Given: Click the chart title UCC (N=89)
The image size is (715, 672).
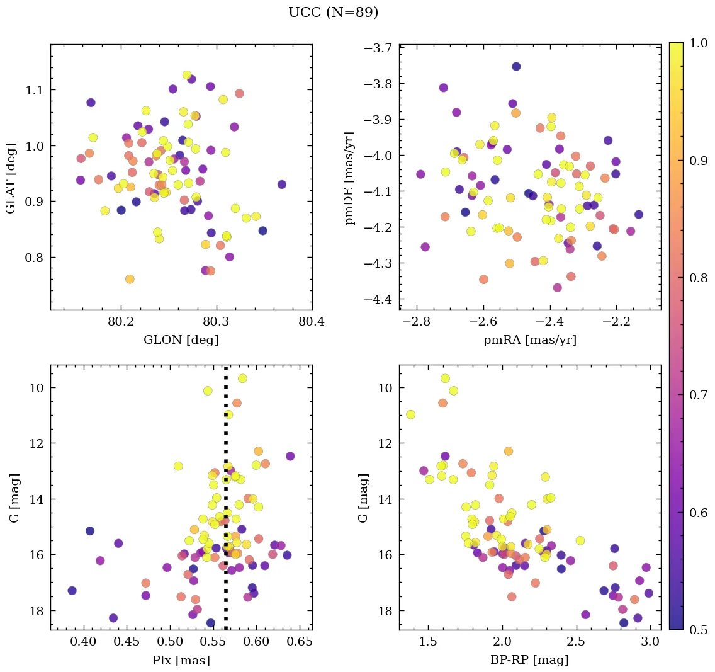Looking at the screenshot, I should [x=333, y=13].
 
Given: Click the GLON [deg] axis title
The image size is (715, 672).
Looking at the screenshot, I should [x=181, y=340].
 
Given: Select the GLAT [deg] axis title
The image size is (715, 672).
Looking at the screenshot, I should [x=11, y=177].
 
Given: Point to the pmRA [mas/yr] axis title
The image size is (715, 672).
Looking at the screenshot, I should [x=529, y=340].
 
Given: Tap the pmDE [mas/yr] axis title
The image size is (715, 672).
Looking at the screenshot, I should [x=350, y=177].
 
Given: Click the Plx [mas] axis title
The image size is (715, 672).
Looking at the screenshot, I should [x=181, y=661].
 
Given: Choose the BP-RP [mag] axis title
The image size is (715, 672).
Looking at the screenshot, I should [x=529, y=661].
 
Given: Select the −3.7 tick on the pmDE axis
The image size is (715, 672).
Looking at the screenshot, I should [x=379, y=48].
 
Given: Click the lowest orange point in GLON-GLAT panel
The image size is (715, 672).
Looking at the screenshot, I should [x=130, y=279].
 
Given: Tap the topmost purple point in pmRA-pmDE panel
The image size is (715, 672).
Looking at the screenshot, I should [x=516, y=66].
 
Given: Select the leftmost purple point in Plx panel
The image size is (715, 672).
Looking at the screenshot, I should [x=72, y=590].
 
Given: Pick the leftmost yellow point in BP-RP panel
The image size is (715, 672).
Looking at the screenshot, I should [x=410, y=414].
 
